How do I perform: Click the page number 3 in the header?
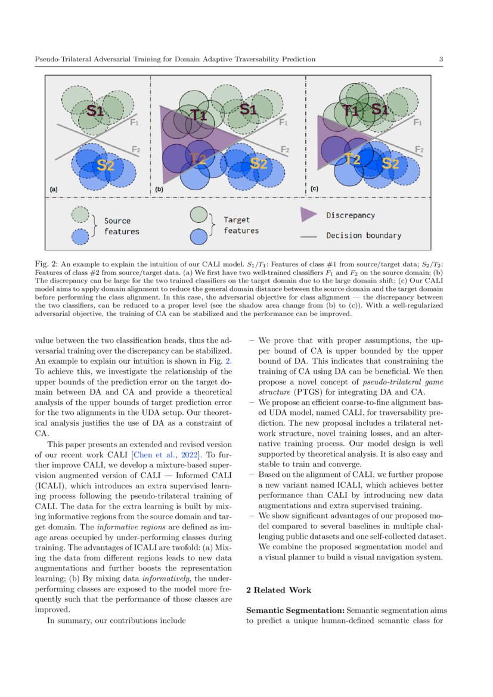tap(440, 59)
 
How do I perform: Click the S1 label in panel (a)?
tap(95, 111)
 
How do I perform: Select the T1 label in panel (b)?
tap(198, 115)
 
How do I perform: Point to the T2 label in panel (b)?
tap(198, 158)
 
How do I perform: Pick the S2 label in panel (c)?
tap(390, 162)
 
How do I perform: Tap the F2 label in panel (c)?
tap(419, 150)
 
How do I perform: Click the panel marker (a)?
tap(53, 189)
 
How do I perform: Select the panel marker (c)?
tap(315, 189)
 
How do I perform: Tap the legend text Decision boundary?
tap(364, 236)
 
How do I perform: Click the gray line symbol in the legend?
tap(308, 236)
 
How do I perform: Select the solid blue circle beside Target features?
tap(198, 237)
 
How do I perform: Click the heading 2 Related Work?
tap(278, 590)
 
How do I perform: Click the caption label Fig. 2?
tap(46, 264)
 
